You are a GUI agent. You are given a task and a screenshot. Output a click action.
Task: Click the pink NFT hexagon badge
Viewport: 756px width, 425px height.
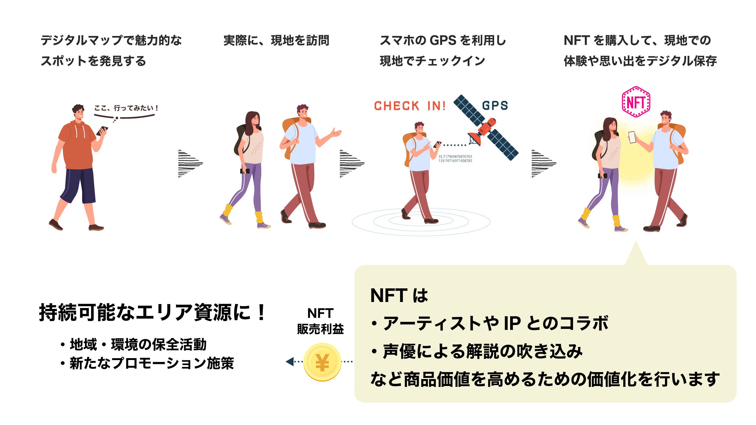pos(636,102)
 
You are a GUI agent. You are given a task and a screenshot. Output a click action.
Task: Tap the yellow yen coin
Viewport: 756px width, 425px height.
pos(322,362)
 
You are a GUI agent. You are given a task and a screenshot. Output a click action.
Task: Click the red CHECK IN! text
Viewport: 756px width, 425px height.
pos(410,106)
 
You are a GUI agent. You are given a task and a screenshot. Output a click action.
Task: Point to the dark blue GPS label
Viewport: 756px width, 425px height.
pos(495,105)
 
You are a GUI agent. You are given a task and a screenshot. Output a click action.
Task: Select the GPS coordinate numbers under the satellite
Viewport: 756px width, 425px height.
pos(455,159)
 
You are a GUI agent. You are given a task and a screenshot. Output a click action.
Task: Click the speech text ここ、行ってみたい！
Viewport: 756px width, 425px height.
pos(126,108)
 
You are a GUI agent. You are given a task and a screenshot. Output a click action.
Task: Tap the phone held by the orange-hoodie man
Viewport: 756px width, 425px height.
pos(102,131)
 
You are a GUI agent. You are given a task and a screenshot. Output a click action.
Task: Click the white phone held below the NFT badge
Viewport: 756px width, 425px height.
pos(632,137)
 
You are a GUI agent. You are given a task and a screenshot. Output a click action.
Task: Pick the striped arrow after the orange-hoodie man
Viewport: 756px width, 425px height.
pos(190,163)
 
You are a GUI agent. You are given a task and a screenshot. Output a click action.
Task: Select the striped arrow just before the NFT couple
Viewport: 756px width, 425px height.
pos(543,163)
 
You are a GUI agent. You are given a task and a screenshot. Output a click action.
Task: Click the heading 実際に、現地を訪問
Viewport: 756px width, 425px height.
pos(276,41)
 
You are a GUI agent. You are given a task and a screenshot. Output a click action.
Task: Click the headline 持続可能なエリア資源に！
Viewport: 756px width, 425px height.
pos(153,312)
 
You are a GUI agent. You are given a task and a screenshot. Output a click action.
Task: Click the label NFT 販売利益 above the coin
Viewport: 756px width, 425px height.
pos(320,321)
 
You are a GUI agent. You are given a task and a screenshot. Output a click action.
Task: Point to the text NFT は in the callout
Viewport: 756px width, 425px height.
pos(399,295)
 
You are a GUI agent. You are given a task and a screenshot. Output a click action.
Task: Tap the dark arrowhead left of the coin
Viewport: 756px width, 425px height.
pos(290,362)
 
